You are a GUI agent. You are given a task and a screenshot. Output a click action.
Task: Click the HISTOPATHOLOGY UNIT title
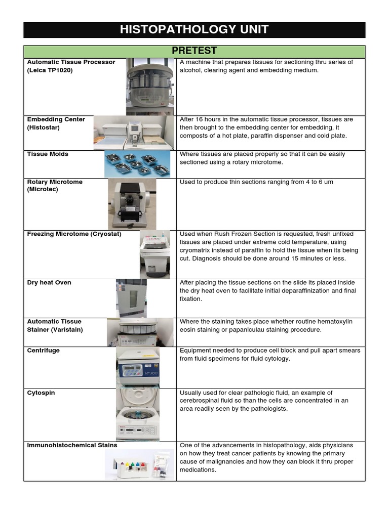[x=194, y=30]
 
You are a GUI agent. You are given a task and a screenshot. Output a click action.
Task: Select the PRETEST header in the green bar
[x=194, y=51]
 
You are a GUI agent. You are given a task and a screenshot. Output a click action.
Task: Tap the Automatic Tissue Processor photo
[x=150, y=86]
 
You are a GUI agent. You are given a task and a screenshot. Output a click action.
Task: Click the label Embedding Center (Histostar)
[x=56, y=123]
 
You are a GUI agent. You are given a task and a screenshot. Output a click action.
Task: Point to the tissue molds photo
[x=137, y=164]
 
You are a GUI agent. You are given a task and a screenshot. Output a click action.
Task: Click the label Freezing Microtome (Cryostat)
[x=74, y=234]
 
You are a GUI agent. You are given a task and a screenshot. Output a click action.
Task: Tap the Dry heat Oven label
[x=49, y=283]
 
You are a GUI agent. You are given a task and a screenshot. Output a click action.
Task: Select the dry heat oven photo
[x=131, y=298]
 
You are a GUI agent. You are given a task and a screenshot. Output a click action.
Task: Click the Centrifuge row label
[x=43, y=351]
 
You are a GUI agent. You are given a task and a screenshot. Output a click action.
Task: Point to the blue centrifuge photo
[x=138, y=367]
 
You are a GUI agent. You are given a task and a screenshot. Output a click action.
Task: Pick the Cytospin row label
[x=40, y=393]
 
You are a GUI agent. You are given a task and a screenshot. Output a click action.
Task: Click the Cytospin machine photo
[x=137, y=414]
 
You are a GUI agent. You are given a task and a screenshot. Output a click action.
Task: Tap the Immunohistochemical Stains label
[x=72, y=445]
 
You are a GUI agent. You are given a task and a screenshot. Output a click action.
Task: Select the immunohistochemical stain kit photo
[x=139, y=465]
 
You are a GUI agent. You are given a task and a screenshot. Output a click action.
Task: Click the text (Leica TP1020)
[x=50, y=70]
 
